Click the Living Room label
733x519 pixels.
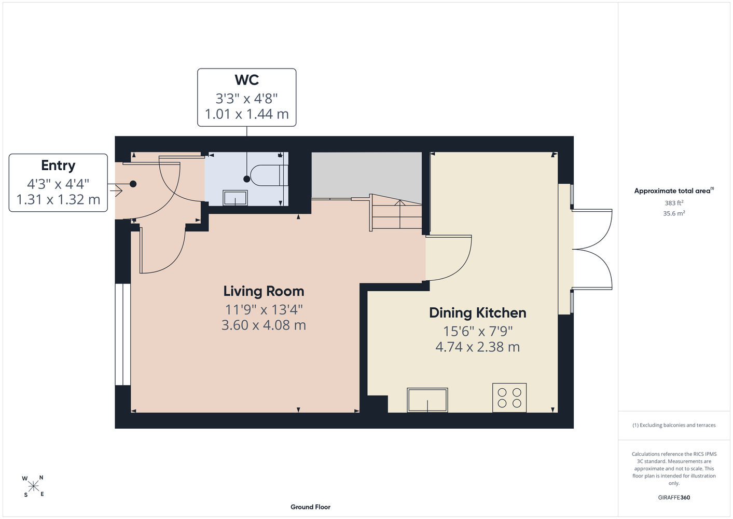[x=264, y=291]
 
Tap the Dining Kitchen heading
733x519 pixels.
[x=477, y=313]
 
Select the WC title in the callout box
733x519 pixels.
[x=247, y=80]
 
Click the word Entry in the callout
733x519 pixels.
[x=58, y=166]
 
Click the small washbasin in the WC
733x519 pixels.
[x=235, y=198]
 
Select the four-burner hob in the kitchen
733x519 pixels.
[x=509, y=398]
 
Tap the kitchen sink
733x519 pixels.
[x=427, y=400]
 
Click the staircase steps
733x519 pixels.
[x=396, y=213]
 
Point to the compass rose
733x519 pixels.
[x=33, y=486]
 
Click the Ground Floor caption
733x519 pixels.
[x=310, y=507]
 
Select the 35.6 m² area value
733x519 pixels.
[x=674, y=213]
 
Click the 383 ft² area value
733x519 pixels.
[x=674, y=203]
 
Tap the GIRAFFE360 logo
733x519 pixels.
[x=674, y=497]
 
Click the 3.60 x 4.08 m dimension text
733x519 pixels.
[x=264, y=325]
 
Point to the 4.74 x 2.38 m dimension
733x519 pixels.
[x=477, y=347]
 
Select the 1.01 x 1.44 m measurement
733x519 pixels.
[x=247, y=114]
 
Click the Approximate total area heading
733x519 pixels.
[x=674, y=190]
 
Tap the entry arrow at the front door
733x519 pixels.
[x=116, y=190]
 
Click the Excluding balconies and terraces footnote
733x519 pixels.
[x=674, y=425]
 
